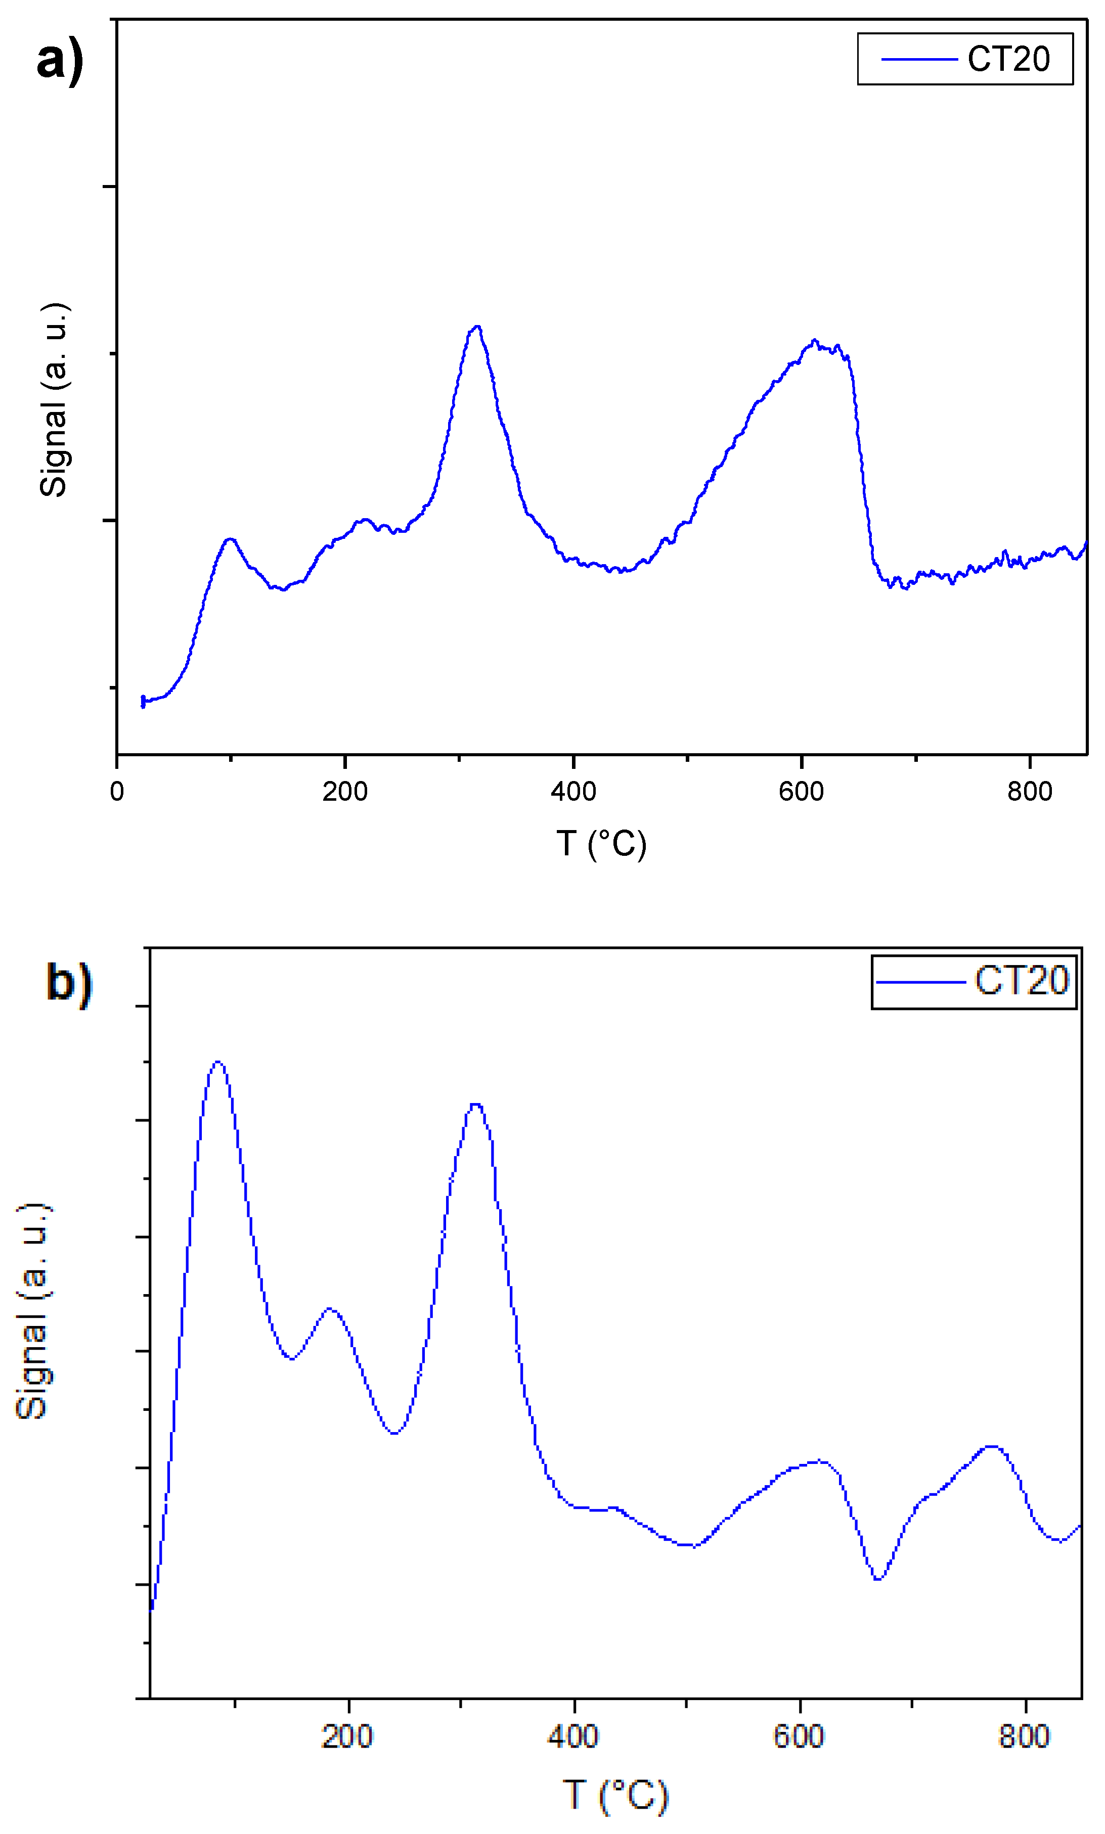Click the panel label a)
click(x=60, y=61)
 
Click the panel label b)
click(x=69, y=983)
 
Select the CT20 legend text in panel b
click(x=1022, y=981)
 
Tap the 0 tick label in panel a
click(x=117, y=791)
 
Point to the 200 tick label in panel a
click(x=345, y=791)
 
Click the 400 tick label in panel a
click(x=573, y=791)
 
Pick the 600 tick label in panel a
click(x=801, y=791)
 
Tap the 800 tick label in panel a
click(x=1030, y=791)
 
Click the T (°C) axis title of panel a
click(x=602, y=844)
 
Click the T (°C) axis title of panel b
click(x=616, y=1795)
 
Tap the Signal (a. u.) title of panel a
click(x=54, y=400)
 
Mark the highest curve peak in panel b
click(x=217, y=1062)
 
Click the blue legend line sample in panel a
click(x=919, y=59)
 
